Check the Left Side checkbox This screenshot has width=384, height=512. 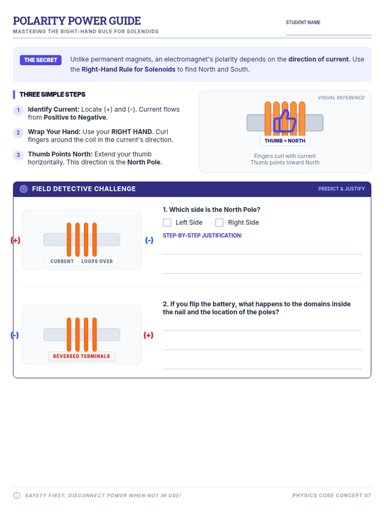click(x=167, y=222)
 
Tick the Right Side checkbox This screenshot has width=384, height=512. click(x=219, y=222)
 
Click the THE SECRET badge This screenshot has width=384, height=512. click(x=41, y=60)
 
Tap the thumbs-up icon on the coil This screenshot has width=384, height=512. click(x=285, y=121)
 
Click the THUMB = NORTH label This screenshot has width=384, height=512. click(x=285, y=141)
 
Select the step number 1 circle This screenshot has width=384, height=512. click(x=18, y=110)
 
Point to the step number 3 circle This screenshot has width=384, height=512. click(x=18, y=155)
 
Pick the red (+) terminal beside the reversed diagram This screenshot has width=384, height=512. click(x=148, y=335)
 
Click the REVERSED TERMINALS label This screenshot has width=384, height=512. click(x=82, y=356)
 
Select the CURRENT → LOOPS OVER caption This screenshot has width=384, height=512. click(x=82, y=261)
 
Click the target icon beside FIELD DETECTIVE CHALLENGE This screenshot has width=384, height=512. click(x=24, y=189)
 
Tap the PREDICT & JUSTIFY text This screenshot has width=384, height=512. click(x=341, y=189)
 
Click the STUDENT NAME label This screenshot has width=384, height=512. click(x=303, y=22)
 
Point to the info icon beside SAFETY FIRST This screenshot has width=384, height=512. click(x=17, y=495)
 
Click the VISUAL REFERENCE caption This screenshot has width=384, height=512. click(x=341, y=98)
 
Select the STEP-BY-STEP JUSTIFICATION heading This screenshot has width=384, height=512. click(x=202, y=235)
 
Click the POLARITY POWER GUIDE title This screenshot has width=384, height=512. click(x=77, y=21)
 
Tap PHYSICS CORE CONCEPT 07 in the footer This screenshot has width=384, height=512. click(x=332, y=495)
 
